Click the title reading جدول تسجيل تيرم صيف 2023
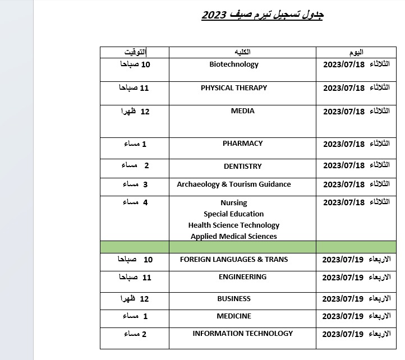click(262, 15)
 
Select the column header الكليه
click(242, 52)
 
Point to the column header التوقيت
click(135, 52)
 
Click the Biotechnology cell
click(234, 64)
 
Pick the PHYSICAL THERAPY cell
click(234, 88)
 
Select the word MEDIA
click(242, 111)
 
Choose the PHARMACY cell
click(242, 144)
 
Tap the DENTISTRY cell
click(242, 166)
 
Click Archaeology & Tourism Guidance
click(234, 184)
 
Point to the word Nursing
click(234, 203)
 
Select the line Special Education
click(234, 214)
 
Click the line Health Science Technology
click(234, 225)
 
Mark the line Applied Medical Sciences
click(234, 237)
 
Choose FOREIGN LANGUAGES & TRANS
click(234, 260)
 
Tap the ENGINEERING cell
click(242, 277)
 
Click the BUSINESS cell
click(234, 299)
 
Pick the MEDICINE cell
click(234, 316)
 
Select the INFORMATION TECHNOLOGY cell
click(242, 334)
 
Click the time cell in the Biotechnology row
click(135, 64)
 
